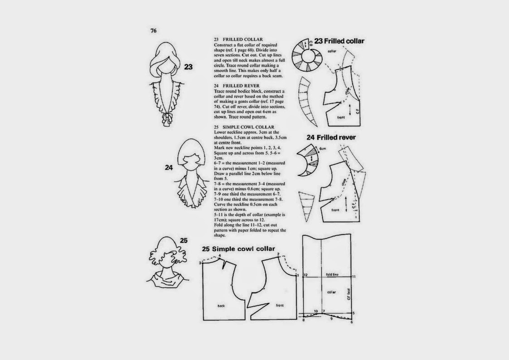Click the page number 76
tap(153, 31)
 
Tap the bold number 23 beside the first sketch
tap(189, 67)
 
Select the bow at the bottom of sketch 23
tap(163, 119)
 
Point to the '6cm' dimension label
tap(323, 149)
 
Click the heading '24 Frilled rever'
tap(331, 137)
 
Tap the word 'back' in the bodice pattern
tap(221, 306)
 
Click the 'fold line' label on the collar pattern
tap(332, 275)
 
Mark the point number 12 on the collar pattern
tap(306, 275)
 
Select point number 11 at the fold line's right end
tap(354, 276)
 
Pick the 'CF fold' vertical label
tap(349, 295)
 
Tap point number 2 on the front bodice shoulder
tap(277, 254)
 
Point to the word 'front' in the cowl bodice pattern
tap(280, 306)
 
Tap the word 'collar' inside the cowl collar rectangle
tap(331, 292)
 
